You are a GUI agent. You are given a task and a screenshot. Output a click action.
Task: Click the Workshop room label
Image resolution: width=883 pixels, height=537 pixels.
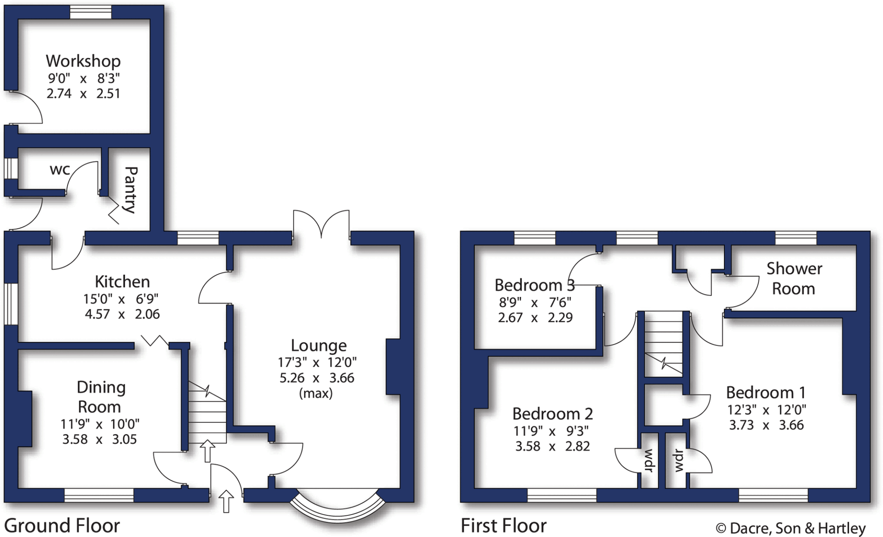[83, 61]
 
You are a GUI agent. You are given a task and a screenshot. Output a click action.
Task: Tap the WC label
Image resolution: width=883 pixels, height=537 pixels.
[59, 170]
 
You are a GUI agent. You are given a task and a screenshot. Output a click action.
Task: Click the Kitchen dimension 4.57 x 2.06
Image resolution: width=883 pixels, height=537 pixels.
[122, 314]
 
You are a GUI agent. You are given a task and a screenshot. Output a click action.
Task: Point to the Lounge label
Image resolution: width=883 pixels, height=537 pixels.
[319, 345]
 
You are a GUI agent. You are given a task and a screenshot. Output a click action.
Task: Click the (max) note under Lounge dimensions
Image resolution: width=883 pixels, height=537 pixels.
[316, 393]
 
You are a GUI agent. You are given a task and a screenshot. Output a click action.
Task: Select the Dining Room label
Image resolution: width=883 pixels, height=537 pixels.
[100, 397]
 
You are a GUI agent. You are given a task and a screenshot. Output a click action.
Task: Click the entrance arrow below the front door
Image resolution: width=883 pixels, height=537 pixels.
[226, 501]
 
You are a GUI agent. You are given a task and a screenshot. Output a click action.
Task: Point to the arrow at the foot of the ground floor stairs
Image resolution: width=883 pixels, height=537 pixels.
[207, 451]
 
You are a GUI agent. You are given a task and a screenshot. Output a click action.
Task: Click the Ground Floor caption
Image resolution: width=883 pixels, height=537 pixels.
[62, 526]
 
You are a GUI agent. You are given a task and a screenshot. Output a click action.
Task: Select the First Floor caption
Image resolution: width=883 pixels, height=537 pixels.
[504, 526]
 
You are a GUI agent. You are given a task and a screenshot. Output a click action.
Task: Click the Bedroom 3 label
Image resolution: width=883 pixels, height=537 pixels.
[534, 285]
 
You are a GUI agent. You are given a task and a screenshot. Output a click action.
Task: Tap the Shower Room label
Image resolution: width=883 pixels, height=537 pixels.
[794, 279]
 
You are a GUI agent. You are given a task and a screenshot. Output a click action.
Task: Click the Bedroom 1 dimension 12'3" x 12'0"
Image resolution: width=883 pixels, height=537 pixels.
[766, 410]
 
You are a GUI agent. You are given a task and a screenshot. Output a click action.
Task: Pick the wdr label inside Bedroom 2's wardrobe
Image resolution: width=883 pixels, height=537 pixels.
[648, 460]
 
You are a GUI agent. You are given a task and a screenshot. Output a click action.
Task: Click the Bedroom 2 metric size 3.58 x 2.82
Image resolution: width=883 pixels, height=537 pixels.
[552, 446]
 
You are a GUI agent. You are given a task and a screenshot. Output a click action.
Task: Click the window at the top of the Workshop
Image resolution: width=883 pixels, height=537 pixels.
[91, 13]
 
